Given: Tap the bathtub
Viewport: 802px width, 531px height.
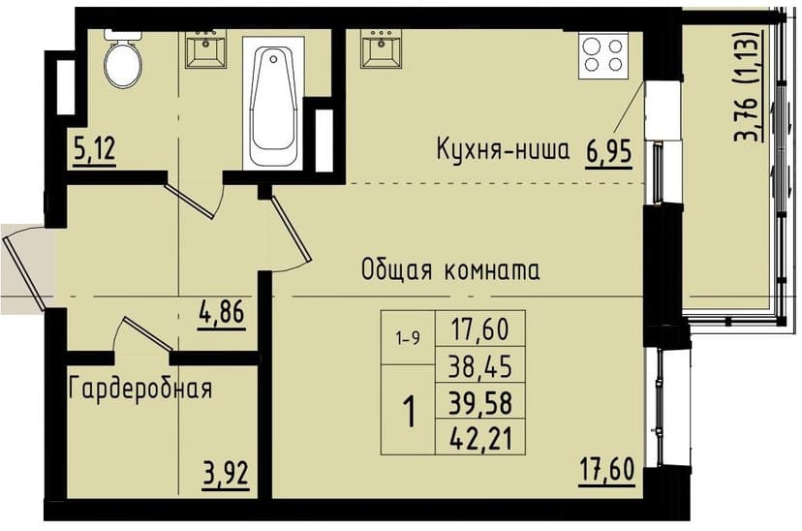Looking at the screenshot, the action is pos(273,102).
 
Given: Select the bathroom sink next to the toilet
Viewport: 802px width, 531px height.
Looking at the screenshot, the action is pos(206,48).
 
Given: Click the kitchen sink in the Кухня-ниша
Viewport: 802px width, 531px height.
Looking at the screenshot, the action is pos(381,48).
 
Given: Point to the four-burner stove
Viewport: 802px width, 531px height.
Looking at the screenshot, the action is pos(603,55).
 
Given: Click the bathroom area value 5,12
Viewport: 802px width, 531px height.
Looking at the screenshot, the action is pos(95,150).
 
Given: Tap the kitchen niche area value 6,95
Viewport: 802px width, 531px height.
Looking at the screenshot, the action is pos(609,152).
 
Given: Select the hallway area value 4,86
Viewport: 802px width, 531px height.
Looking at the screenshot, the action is pos(222,313).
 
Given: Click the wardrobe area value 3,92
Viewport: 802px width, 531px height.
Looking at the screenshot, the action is pos(226,474).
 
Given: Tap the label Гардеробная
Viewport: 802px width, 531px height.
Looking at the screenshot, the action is pos(140,389).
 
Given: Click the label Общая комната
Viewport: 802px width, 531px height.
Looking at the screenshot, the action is pos(450,269).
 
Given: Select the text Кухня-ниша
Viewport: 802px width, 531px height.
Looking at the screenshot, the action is pos(503,150).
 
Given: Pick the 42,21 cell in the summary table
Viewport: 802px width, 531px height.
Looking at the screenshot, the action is pos(479,437).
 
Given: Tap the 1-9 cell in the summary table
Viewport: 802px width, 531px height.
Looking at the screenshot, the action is pos(408,338).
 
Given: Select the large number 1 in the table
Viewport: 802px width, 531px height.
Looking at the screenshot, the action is pos(409,412).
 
